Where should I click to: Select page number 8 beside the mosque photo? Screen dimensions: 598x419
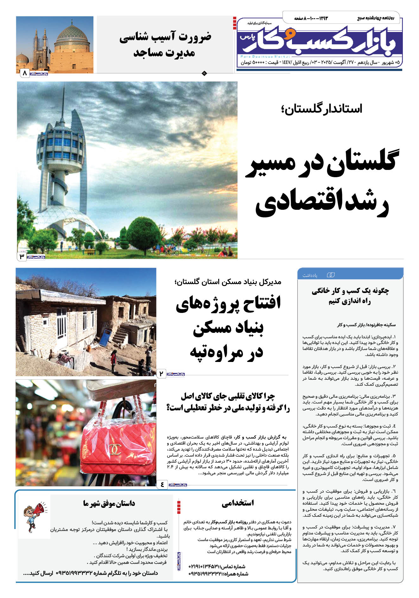tap(24, 73)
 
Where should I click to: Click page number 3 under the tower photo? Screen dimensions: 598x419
tap(22, 256)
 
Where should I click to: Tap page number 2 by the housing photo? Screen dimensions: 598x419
tap(161, 374)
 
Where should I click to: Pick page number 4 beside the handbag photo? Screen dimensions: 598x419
tap(162, 484)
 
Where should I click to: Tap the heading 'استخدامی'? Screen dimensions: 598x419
tap(238, 503)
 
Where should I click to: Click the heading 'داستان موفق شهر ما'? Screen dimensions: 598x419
tap(109, 503)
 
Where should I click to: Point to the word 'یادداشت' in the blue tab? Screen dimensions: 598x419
tap(310, 275)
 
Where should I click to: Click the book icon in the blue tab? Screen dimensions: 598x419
tap(330, 275)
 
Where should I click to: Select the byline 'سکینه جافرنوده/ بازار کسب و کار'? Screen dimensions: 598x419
tap(366, 325)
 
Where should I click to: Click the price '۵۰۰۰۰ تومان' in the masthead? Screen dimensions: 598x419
tap(252, 62)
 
